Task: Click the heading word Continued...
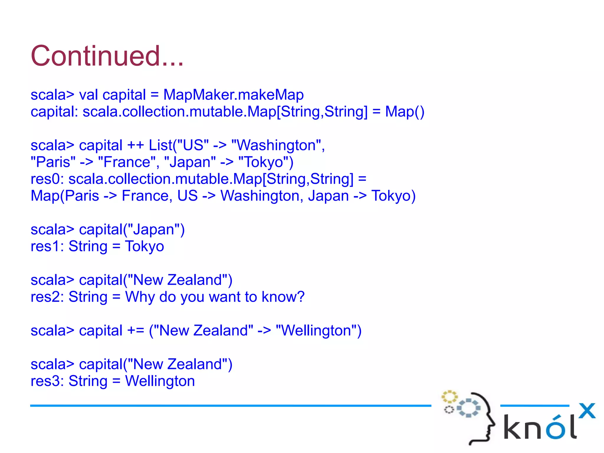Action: (107, 56)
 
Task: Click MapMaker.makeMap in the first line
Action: (233, 95)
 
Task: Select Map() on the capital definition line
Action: (405, 112)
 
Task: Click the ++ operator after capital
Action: (135, 145)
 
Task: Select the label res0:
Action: (47, 179)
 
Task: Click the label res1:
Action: (47, 247)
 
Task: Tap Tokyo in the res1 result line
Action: (145, 247)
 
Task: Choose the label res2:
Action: (47, 297)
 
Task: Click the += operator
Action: (135, 331)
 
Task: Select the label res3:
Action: (47, 381)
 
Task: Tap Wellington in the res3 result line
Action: (160, 381)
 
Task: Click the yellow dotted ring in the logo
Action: (449, 397)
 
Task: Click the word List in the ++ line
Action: (160, 145)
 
